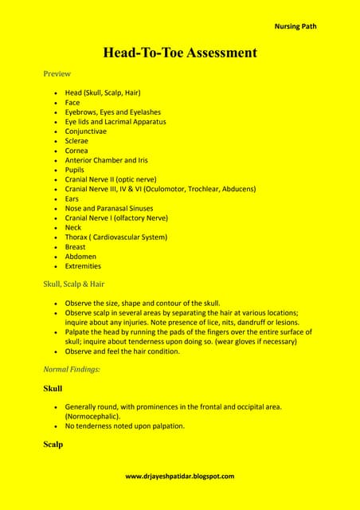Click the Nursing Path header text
click(x=295, y=26)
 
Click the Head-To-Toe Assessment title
click(x=180, y=53)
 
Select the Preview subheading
click(x=57, y=74)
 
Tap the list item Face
click(x=72, y=103)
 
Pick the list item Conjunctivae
click(x=85, y=131)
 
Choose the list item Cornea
click(x=76, y=151)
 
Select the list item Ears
click(x=72, y=198)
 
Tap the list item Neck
click(x=73, y=227)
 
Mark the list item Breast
click(x=76, y=247)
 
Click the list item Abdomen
click(x=80, y=257)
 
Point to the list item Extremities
click(x=83, y=266)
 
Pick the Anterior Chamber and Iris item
click(x=106, y=160)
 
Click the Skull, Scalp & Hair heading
click(x=74, y=284)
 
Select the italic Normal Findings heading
click(x=72, y=370)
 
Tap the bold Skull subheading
click(x=53, y=389)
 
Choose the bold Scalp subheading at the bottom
click(x=53, y=445)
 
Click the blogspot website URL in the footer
click(x=180, y=476)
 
